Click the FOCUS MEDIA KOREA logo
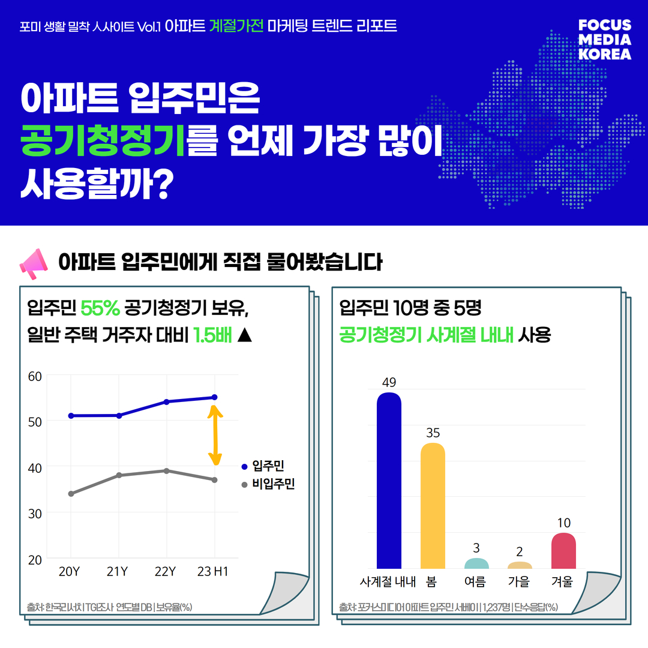click(605, 40)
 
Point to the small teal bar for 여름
click(476, 563)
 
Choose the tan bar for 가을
click(520, 565)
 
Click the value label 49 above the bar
click(389, 382)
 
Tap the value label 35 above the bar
click(433, 433)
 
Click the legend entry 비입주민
click(273, 484)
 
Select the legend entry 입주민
click(268, 466)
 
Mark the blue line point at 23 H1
click(214, 397)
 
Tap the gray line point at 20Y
click(71, 494)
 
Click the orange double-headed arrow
click(215, 435)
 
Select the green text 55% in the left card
click(100, 308)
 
